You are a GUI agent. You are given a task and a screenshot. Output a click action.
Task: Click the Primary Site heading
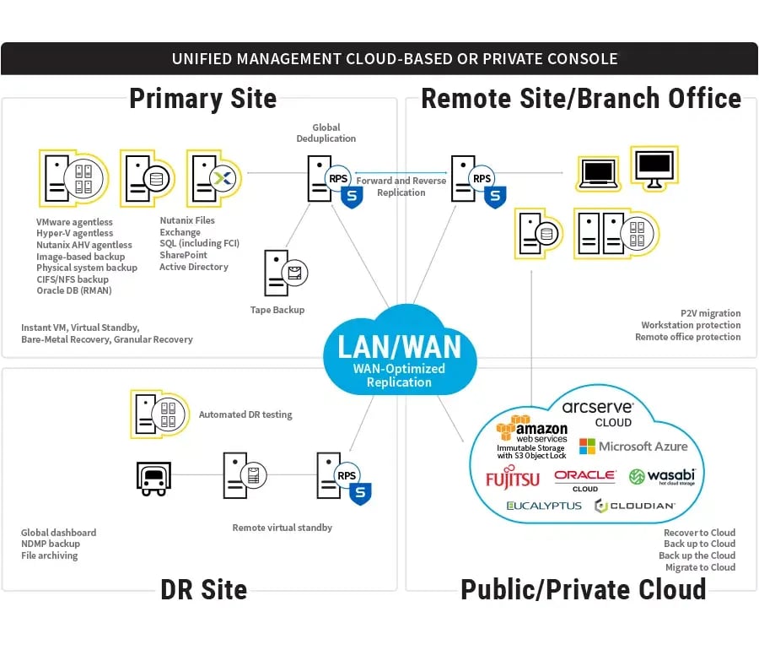202,99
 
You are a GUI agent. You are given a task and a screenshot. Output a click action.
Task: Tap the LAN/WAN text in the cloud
400,346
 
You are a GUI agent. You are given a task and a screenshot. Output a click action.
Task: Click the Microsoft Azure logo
633,446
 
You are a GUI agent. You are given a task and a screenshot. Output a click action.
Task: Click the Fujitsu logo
512,479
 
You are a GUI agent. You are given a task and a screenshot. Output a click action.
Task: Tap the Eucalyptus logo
544,506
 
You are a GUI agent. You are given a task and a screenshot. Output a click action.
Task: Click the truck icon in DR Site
153,478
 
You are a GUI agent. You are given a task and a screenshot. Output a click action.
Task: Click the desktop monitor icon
654,167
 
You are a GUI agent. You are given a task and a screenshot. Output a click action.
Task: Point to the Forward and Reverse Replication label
401,187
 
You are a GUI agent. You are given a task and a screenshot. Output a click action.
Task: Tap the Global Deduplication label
326,133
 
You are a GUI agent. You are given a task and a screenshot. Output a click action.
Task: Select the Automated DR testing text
245,414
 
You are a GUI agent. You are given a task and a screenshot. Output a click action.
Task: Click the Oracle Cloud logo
584,479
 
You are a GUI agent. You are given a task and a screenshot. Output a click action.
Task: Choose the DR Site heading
203,588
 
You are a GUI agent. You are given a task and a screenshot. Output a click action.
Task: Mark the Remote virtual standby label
283,528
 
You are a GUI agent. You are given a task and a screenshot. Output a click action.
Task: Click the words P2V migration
710,313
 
